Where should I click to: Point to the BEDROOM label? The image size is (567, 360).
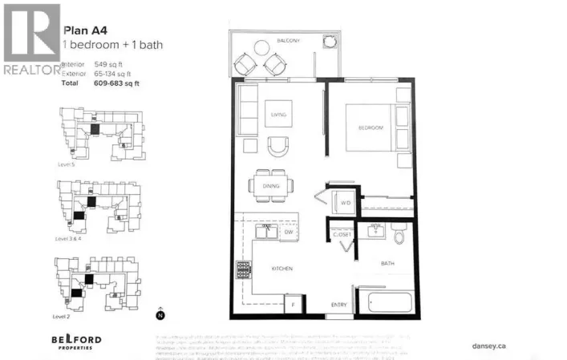click(370, 128)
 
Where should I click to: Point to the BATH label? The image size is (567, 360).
click(387, 264)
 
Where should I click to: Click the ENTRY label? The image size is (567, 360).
click(339, 305)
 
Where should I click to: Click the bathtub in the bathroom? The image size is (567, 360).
click(387, 304)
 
